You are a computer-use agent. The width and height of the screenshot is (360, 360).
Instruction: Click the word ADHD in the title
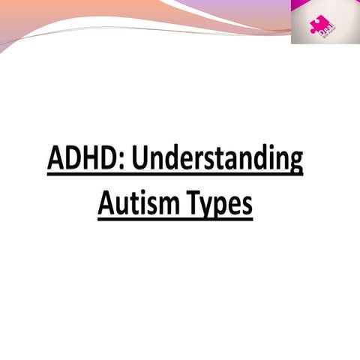pyautogui.click(x=76, y=160)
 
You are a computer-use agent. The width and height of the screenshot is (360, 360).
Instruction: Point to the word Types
pyautogui.click(x=220, y=202)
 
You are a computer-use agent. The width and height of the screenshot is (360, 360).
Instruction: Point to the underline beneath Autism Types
pyautogui.click(x=175, y=219)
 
